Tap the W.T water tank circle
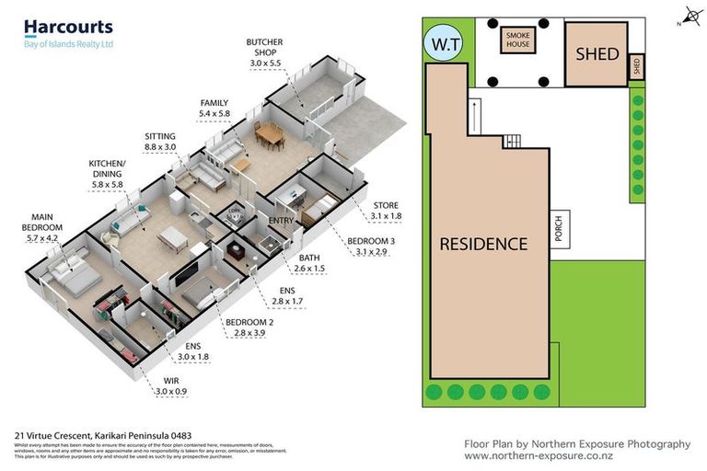pyautogui.click(x=438, y=43)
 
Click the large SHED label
pyautogui.click(x=597, y=54)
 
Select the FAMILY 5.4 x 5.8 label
pyautogui.click(x=214, y=108)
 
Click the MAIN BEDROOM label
pyautogui.click(x=42, y=227)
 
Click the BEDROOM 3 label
pyautogui.click(x=366, y=247)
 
